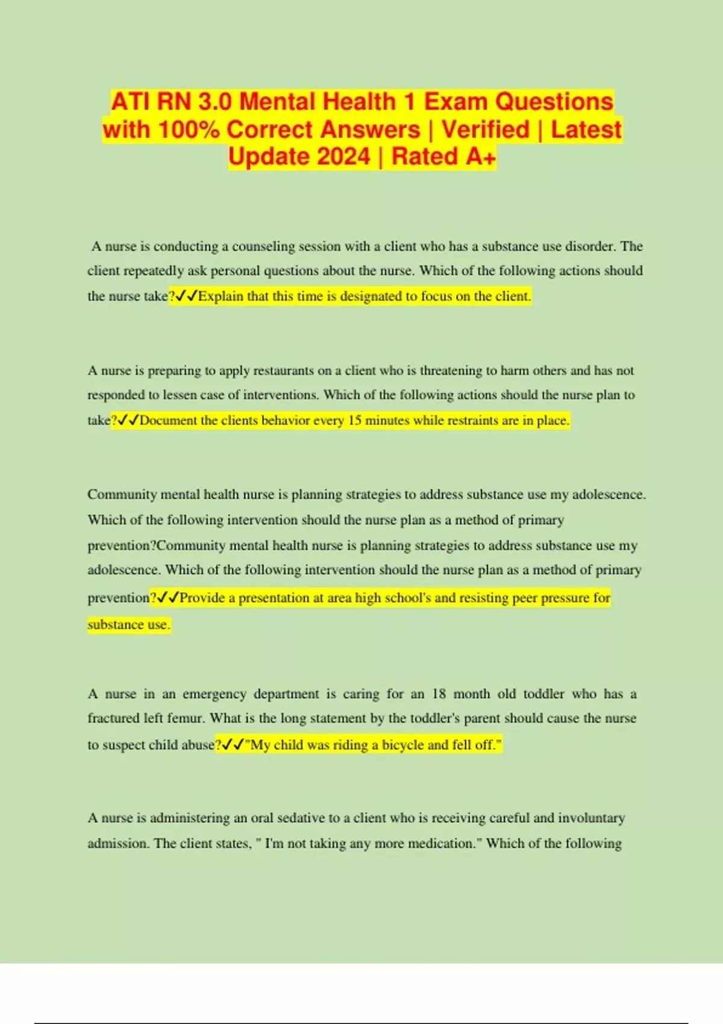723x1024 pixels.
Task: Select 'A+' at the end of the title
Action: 481,157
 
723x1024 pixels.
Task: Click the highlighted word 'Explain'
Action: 222,296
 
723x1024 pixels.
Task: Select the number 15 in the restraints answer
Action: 355,420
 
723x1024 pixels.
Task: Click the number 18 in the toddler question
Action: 439,694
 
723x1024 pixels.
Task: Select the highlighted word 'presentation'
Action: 274,598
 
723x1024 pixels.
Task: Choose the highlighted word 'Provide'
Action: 202,598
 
